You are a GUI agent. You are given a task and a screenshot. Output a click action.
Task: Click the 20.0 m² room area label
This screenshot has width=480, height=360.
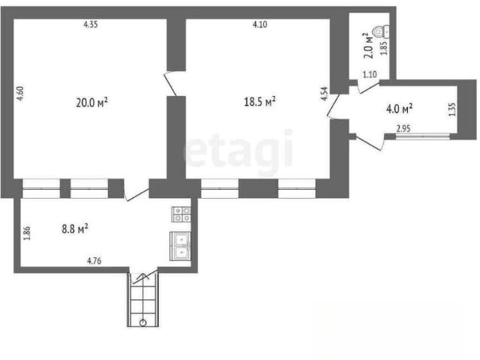[x=91, y=103]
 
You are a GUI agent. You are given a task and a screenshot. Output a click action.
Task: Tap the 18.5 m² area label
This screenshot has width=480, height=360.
[x=259, y=101]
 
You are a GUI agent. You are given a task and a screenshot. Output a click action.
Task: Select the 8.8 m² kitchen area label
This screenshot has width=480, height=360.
[x=75, y=229]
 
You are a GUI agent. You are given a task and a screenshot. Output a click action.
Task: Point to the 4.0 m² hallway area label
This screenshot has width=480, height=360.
[x=399, y=109]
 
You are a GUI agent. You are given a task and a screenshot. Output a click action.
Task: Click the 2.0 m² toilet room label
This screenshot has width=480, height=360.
[x=368, y=46]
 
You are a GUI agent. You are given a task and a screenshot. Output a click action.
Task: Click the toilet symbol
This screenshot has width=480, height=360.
[x=381, y=31]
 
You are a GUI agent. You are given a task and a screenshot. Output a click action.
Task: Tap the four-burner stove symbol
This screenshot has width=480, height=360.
[x=181, y=214]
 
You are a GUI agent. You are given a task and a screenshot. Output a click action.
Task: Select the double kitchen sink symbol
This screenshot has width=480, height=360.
[x=180, y=246]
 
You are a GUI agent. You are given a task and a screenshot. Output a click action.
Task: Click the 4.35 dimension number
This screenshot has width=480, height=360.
[x=91, y=25]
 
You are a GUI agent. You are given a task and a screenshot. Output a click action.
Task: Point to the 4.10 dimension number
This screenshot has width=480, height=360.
[x=260, y=25]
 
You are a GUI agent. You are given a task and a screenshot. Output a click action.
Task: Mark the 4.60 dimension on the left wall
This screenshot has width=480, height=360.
[x=20, y=94]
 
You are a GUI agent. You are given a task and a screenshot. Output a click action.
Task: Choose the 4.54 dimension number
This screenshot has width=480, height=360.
[x=324, y=94]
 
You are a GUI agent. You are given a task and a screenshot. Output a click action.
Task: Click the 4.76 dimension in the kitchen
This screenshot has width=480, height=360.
[x=94, y=261]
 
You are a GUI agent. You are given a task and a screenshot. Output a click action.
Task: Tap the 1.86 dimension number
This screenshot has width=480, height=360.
[x=27, y=233]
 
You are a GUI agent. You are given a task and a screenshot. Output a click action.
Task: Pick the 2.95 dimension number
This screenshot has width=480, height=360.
[x=403, y=128]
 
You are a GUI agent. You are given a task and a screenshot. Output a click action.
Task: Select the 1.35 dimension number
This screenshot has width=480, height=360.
[x=452, y=109]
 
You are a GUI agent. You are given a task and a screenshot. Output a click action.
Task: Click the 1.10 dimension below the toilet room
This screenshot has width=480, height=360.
[x=370, y=74]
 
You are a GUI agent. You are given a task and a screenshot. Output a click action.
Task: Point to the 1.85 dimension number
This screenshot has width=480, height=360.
[x=384, y=48]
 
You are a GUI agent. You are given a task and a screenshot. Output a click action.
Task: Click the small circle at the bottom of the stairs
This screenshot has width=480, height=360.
[x=142, y=322]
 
